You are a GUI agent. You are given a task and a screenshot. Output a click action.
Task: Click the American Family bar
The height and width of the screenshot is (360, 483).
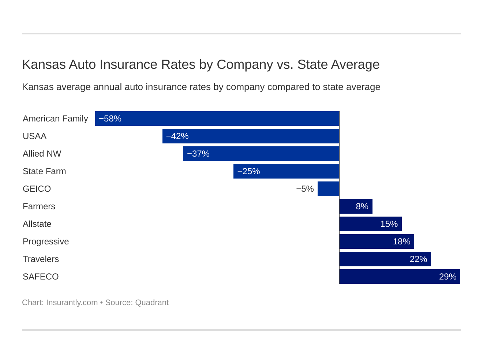[x=217, y=119]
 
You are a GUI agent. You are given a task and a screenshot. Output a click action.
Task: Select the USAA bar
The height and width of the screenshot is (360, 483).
[x=251, y=136]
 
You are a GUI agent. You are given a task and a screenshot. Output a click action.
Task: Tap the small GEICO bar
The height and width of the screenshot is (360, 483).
[x=328, y=189]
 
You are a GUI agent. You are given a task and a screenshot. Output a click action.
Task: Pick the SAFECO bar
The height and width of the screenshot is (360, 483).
[x=400, y=277]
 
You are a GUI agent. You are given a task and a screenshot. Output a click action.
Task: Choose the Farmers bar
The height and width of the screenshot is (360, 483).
[x=356, y=206]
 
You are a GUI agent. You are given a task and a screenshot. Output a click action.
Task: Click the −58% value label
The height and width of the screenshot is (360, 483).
[x=110, y=119]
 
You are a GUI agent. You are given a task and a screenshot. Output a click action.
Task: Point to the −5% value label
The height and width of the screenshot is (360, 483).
[x=305, y=189]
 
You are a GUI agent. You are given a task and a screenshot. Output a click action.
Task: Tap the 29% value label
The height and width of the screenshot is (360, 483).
[x=448, y=277]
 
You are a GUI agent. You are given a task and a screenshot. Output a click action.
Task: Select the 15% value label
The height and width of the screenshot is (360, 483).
[x=389, y=224]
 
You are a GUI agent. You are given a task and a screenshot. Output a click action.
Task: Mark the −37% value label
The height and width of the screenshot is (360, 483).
[x=198, y=154]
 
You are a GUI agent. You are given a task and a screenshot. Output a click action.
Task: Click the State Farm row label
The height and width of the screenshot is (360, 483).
[x=44, y=171]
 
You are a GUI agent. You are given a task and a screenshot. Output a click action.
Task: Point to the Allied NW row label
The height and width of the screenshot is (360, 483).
[x=42, y=154]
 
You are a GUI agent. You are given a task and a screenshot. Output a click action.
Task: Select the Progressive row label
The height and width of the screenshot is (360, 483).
[x=46, y=241]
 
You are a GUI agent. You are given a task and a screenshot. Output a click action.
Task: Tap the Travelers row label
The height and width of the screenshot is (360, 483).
[x=41, y=259]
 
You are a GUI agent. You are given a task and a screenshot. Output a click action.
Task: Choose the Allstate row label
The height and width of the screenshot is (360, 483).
[x=37, y=224]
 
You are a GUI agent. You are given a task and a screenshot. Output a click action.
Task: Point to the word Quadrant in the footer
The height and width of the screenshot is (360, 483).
[x=152, y=303]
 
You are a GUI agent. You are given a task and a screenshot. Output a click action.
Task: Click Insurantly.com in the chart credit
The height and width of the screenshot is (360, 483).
[x=72, y=303]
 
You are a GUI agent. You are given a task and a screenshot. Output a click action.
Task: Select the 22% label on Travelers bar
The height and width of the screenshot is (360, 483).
[x=418, y=259]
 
